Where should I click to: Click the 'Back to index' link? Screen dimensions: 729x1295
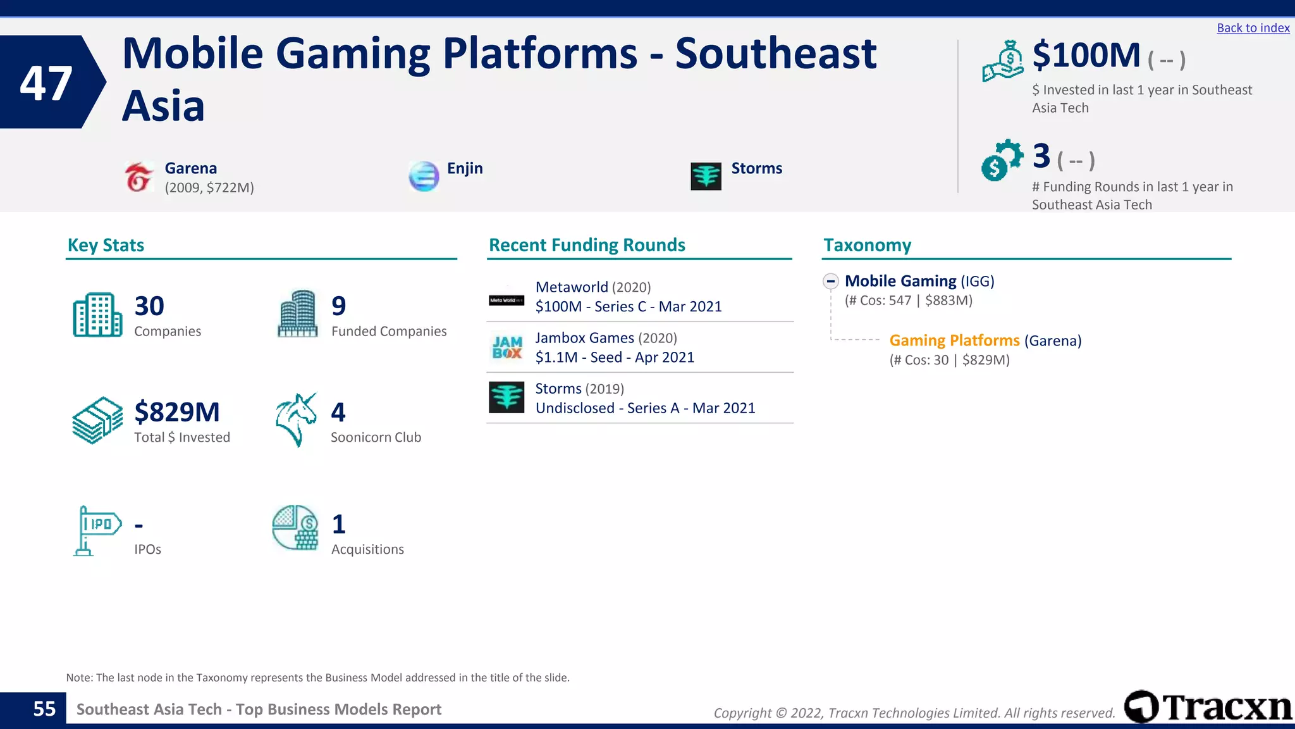(1253, 28)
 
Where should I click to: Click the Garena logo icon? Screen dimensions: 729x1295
(139, 177)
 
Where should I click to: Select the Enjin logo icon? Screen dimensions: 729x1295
(424, 176)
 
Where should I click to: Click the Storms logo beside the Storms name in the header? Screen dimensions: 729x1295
(706, 176)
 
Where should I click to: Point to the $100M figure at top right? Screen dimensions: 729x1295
(1086, 56)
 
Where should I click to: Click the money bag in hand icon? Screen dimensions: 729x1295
(1003, 61)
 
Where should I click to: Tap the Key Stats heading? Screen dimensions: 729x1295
(106, 245)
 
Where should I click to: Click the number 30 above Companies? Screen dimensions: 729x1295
(149, 306)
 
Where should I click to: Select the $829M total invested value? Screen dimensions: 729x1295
(177, 412)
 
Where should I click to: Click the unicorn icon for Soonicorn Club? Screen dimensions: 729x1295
(296, 420)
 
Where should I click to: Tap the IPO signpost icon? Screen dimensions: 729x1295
(97, 530)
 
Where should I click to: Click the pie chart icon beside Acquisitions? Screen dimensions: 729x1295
(295, 527)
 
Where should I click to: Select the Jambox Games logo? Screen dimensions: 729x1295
(507, 347)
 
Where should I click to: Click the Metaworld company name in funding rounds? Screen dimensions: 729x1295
(571, 287)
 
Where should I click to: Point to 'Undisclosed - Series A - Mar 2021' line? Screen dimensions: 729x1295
(645, 408)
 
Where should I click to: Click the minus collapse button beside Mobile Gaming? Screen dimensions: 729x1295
(831, 281)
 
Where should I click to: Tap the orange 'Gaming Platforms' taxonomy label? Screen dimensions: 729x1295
(954, 340)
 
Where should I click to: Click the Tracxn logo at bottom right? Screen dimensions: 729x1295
(1208, 707)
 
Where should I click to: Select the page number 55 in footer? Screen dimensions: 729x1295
(44, 709)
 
